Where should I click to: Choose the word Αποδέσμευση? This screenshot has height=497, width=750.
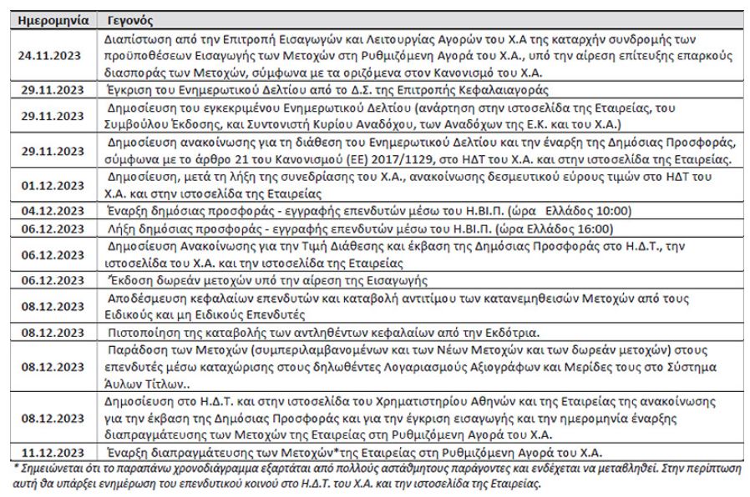tap(149, 299)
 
